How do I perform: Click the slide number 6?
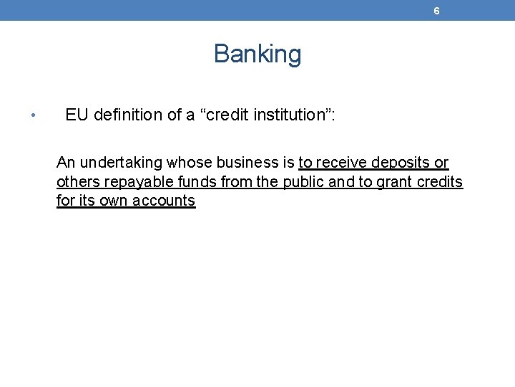coord(436,11)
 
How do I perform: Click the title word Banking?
coord(257,54)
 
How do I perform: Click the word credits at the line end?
coord(441,182)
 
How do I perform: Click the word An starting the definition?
coord(66,163)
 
